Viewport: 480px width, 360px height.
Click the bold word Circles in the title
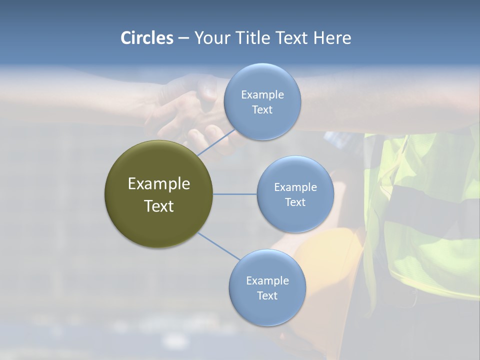pyautogui.click(x=146, y=38)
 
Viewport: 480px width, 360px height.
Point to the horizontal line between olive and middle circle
pyautogui.click(x=234, y=194)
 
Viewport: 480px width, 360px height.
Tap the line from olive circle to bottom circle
pyautogui.click(x=218, y=246)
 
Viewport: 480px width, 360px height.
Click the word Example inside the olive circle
pyautogui.click(x=158, y=184)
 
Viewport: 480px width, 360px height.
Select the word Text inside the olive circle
pyautogui.click(x=158, y=206)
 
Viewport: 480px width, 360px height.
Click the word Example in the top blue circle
pyautogui.click(x=262, y=94)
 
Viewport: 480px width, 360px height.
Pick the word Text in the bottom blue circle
pyautogui.click(x=267, y=295)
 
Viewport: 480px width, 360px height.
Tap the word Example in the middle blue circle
pyautogui.click(x=295, y=187)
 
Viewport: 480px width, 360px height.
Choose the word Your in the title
pyautogui.click(x=210, y=38)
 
